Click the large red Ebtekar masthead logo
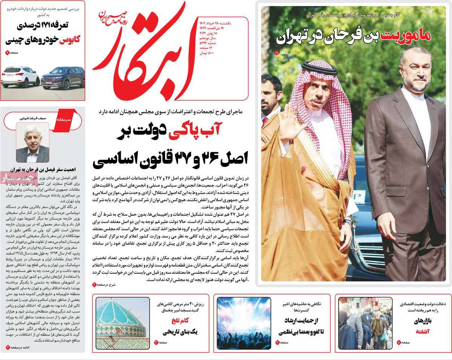click(x=147, y=53)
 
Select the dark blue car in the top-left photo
click(x=62, y=78)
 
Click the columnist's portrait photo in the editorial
click(x=32, y=143)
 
